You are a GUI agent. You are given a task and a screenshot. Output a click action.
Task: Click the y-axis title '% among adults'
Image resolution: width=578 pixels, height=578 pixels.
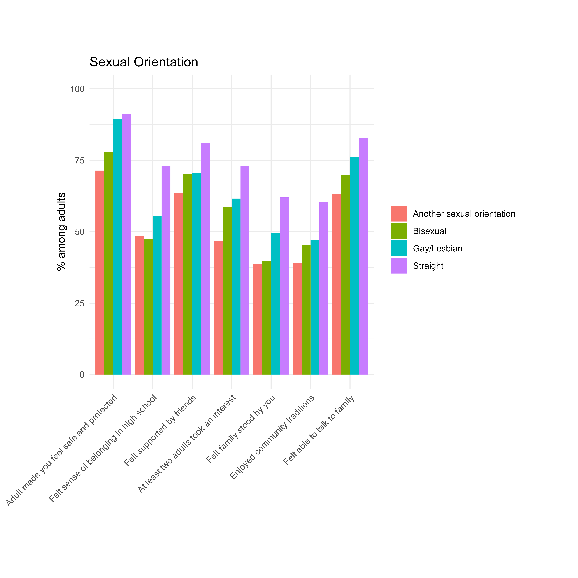click(x=61, y=231)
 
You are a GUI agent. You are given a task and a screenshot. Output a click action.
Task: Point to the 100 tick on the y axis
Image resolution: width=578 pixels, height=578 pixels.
click(x=77, y=89)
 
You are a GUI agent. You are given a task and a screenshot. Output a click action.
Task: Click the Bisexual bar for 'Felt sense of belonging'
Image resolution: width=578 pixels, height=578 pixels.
click(x=148, y=307)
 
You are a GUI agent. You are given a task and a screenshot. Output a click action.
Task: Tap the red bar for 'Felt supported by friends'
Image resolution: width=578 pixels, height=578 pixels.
click(x=179, y=284)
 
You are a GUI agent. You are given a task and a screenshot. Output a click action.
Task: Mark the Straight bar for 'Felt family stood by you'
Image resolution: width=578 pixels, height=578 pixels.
click(x=284, y=286)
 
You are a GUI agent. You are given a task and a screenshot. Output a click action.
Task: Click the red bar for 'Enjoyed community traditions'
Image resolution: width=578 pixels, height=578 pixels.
click(x=297, y=319)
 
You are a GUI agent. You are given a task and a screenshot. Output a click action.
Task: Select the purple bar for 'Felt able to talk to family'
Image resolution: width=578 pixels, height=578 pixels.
click(x=363, y=256)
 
